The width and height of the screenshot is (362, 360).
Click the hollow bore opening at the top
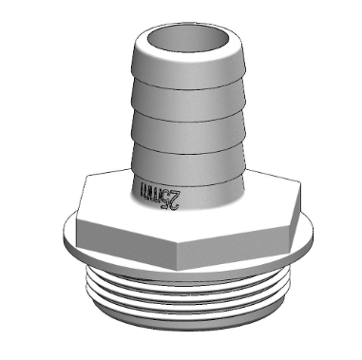click(182, 40)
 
